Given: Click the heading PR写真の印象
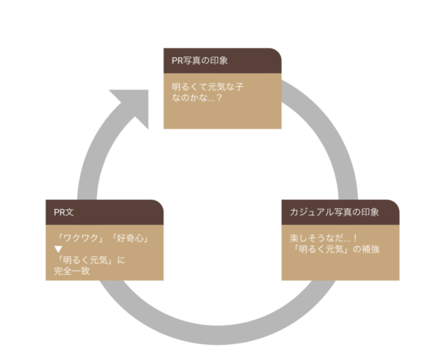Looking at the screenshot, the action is [199, 61].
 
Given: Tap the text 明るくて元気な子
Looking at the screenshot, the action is [207, 86].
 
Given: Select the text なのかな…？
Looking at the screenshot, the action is [197, 98].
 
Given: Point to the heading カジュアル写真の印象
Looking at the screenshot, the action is [334, 212].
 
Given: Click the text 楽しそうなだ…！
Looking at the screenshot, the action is [324, 238].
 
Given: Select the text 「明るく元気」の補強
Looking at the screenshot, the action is [336, 249].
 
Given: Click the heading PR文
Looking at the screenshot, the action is [64, 212].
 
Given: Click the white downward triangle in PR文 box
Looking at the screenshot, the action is [58, 250].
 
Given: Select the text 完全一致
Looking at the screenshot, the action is [71, 271].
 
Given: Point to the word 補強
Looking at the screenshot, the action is [371, 249].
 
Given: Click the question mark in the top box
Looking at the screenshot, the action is [219, 98].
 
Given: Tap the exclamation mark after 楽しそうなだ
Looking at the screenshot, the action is [355, 238].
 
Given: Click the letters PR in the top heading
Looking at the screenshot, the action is [178, 61].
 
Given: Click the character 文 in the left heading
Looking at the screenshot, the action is [70, 212].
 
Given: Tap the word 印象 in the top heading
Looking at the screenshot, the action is [219, 61].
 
